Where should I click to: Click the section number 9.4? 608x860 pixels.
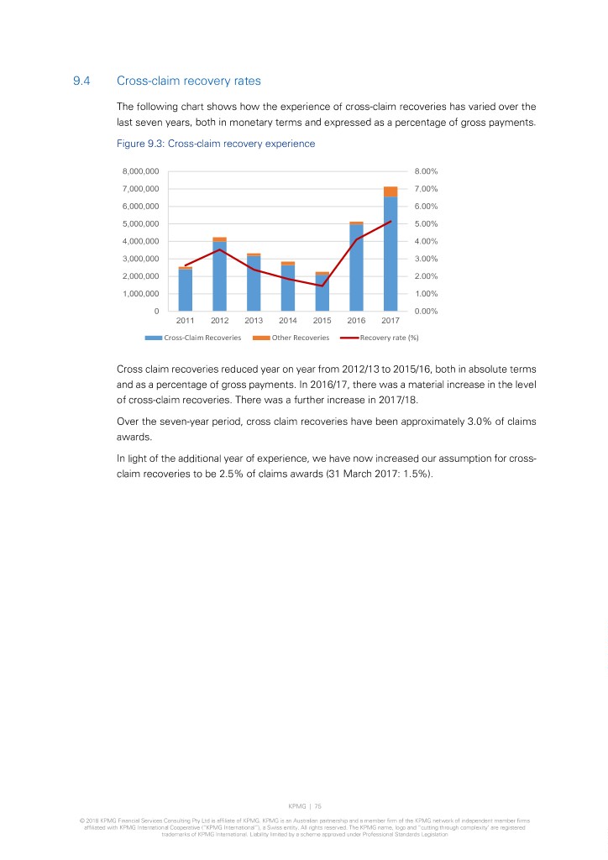click(82, 81)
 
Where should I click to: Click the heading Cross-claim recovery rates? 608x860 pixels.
click(189, 81)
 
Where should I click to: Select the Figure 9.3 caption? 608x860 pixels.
click(216, 144)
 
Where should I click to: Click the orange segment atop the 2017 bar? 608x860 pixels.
click(390, 191)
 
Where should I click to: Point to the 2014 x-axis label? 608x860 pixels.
click(288, 320)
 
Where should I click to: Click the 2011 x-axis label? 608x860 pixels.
click(186, 320)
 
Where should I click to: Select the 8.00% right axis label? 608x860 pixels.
click(427, 171)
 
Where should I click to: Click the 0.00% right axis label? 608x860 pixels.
click(427, 312)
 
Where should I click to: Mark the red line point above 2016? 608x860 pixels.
click(357, 239)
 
